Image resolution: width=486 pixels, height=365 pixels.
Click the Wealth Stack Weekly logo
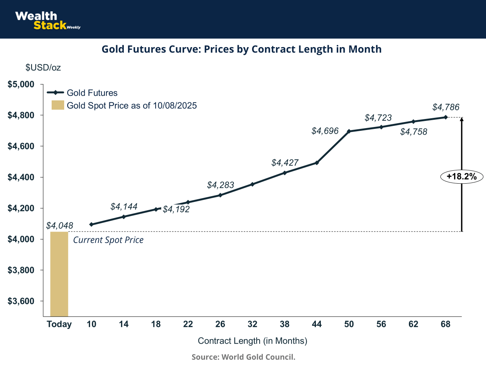[x=47, y=21]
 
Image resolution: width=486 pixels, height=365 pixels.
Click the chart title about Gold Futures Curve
[x=241, y=49]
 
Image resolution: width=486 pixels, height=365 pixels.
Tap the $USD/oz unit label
[x=43, y=68]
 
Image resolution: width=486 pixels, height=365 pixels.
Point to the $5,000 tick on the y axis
[x=21, y=84]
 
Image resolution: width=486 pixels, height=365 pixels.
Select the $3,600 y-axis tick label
[x=21, y=302]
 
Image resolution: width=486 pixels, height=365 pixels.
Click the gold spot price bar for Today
[x=59, y=274]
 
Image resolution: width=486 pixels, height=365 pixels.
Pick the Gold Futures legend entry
[x=82, y=93]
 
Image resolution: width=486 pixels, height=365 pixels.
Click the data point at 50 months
[x=349, y=131]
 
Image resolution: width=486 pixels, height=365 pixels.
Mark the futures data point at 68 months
[x=446, y=117]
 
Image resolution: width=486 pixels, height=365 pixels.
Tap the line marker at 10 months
[x=91, y=224]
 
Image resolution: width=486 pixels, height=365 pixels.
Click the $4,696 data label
[x=325, y=131]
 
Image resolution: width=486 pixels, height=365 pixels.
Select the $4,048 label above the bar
[x=60, y=225]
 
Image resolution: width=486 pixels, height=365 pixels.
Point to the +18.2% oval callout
[x=462, y=177]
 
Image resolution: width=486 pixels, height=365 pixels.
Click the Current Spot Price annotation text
[x=108, y=240]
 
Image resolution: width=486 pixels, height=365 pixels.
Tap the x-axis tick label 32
[x=252, y=324]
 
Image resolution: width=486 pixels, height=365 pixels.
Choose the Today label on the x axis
[x=59, y=324]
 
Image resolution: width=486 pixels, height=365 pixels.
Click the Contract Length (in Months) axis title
[x=252, y=341]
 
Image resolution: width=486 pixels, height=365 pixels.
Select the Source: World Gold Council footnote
[x=243, y=357]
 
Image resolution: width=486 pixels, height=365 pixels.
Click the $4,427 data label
[x=285, y=163]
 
